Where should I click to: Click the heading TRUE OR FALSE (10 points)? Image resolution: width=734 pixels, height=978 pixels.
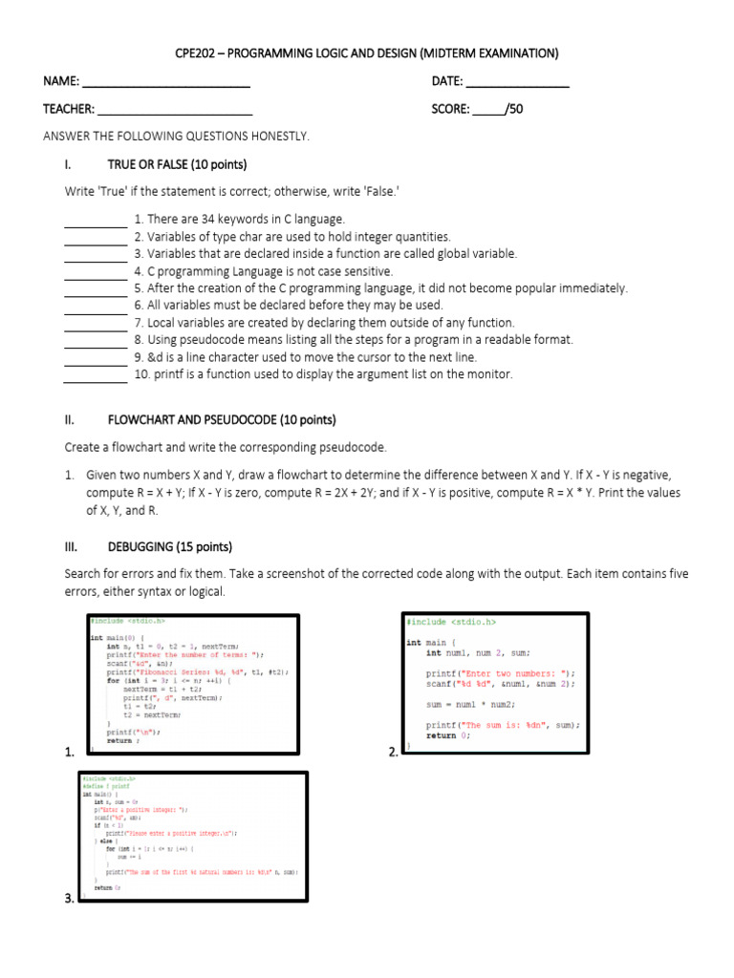tap(177, 165)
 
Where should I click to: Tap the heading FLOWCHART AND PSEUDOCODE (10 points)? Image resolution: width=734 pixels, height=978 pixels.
tap(222, 419)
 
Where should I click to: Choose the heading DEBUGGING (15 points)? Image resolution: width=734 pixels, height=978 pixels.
tap(169, 547)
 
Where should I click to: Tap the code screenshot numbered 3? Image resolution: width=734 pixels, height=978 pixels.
tap(193, 837)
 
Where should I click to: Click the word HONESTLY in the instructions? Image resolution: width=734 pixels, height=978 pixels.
tap(282, 137)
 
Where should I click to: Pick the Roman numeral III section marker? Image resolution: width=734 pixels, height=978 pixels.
tap(72, 547)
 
